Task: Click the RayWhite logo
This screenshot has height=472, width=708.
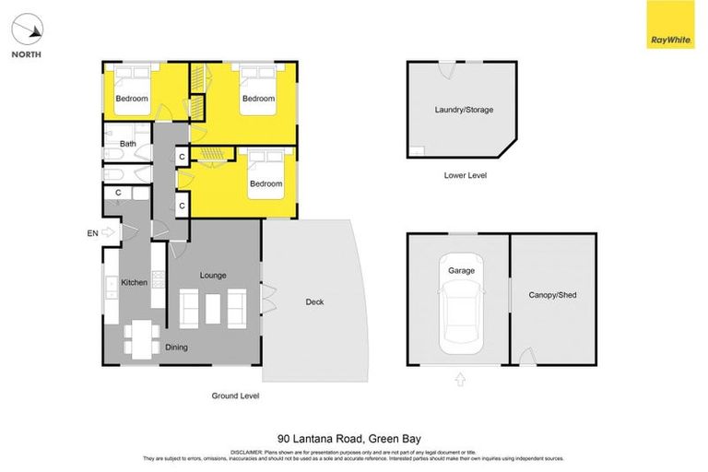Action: [x=670, y=25]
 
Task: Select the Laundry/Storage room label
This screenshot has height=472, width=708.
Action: [x=464, y=110]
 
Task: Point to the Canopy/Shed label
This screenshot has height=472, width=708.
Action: [x=552, y=295]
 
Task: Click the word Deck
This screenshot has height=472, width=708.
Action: [x=314, y=301]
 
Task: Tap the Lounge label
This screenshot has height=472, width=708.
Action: [x=213, y=276]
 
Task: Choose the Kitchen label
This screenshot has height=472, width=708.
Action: [x=135, y=282]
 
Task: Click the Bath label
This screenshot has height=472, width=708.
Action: [x=128, y=144]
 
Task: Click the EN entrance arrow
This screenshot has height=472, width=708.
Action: [x=109, y=233]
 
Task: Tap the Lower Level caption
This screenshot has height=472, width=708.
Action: [x=465, y=175]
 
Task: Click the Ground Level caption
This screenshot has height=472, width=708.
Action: [x=235, y=395]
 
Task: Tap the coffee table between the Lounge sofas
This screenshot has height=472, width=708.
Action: [x=213, y=308]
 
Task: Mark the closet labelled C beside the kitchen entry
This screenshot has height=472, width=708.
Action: [x=118, y=193]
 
